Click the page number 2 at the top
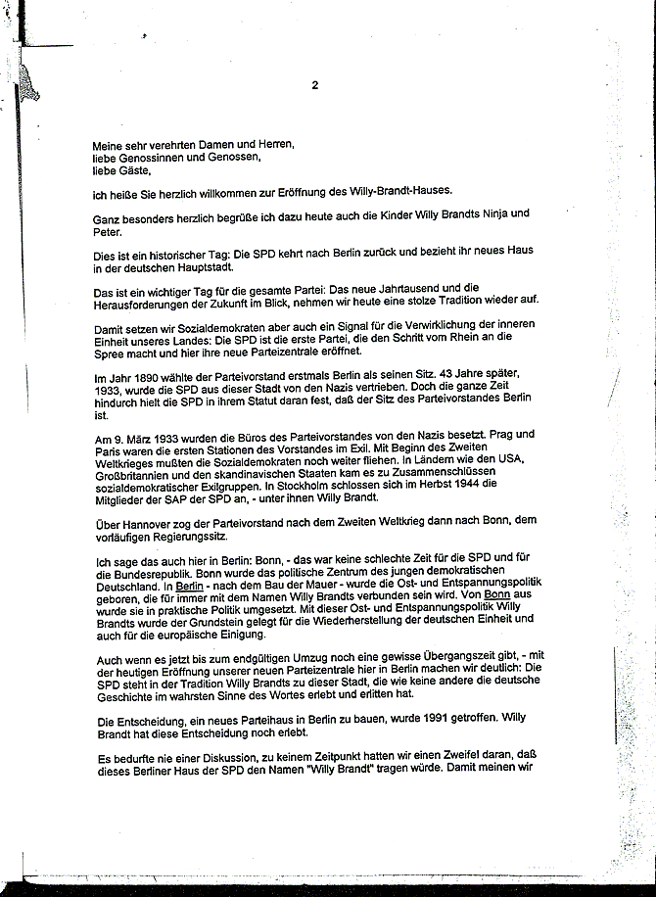click(x=314, y=85)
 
